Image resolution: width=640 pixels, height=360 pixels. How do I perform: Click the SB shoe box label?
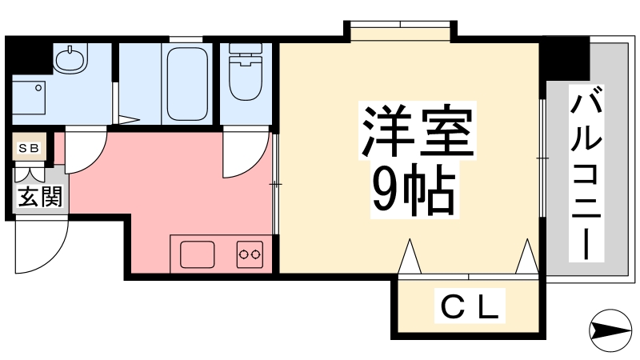pyautogui.click(x=29, y=148)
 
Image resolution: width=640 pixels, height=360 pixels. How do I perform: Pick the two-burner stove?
pyautogui.click(x=250, y=255)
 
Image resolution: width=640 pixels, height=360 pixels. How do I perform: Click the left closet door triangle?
pyautogui.click(x=410, y=258)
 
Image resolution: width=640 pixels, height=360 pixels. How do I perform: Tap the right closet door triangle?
pyautogui.click(x=527, y=258)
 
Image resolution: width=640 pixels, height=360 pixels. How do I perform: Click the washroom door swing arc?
pyautogui.click(x=86, y=152)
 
